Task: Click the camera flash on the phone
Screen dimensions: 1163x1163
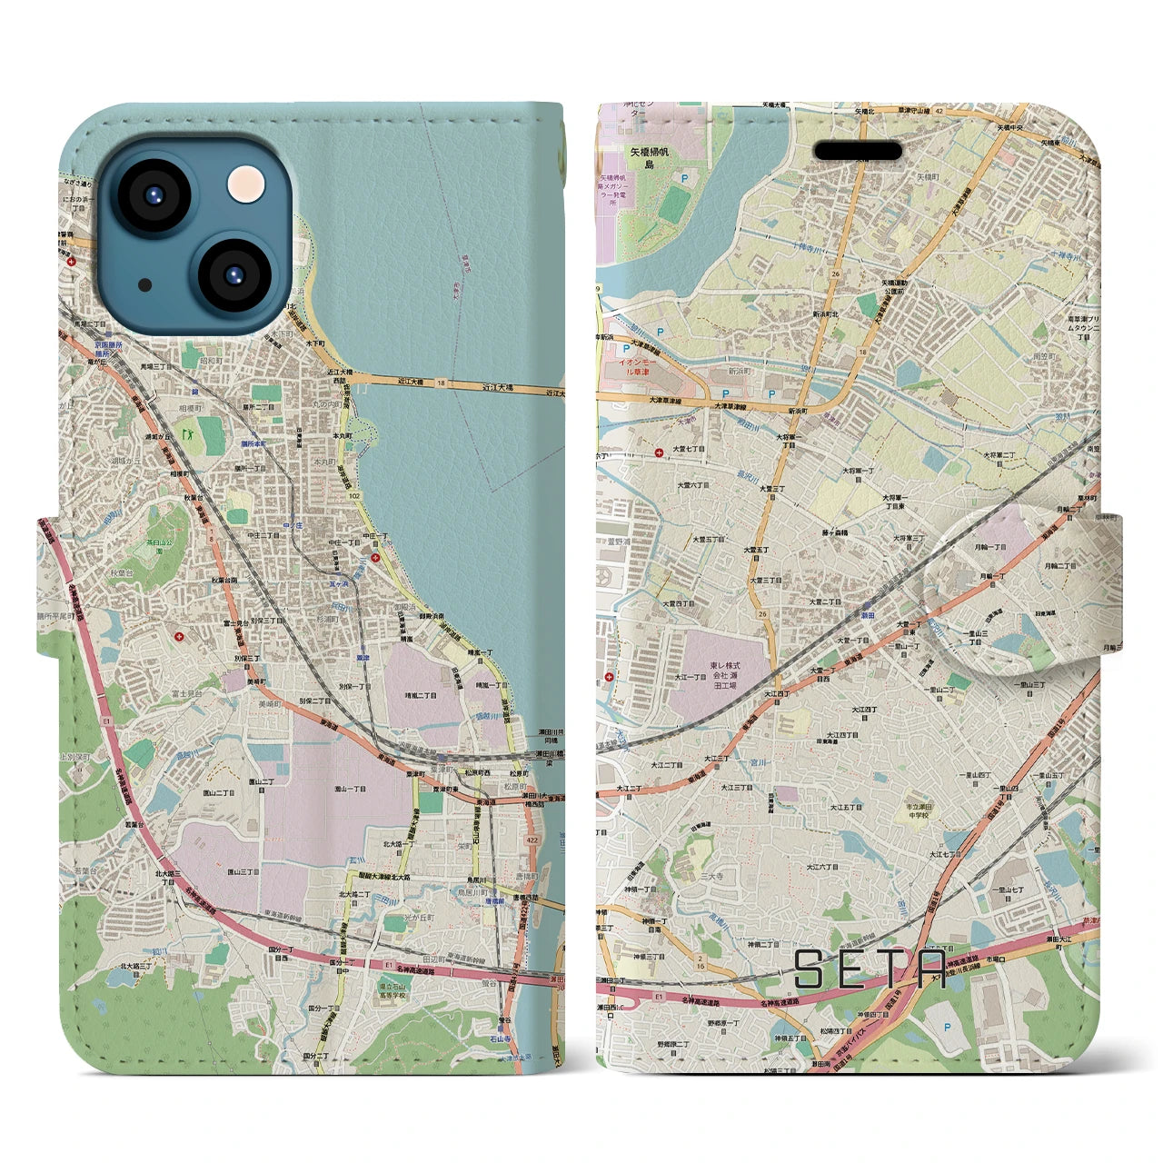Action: pos(246,184)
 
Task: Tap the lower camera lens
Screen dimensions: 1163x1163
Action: pos(234,274)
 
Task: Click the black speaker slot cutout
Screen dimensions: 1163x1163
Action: pos(857,150)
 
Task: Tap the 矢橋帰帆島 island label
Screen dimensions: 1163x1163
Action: pos(649,160)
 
